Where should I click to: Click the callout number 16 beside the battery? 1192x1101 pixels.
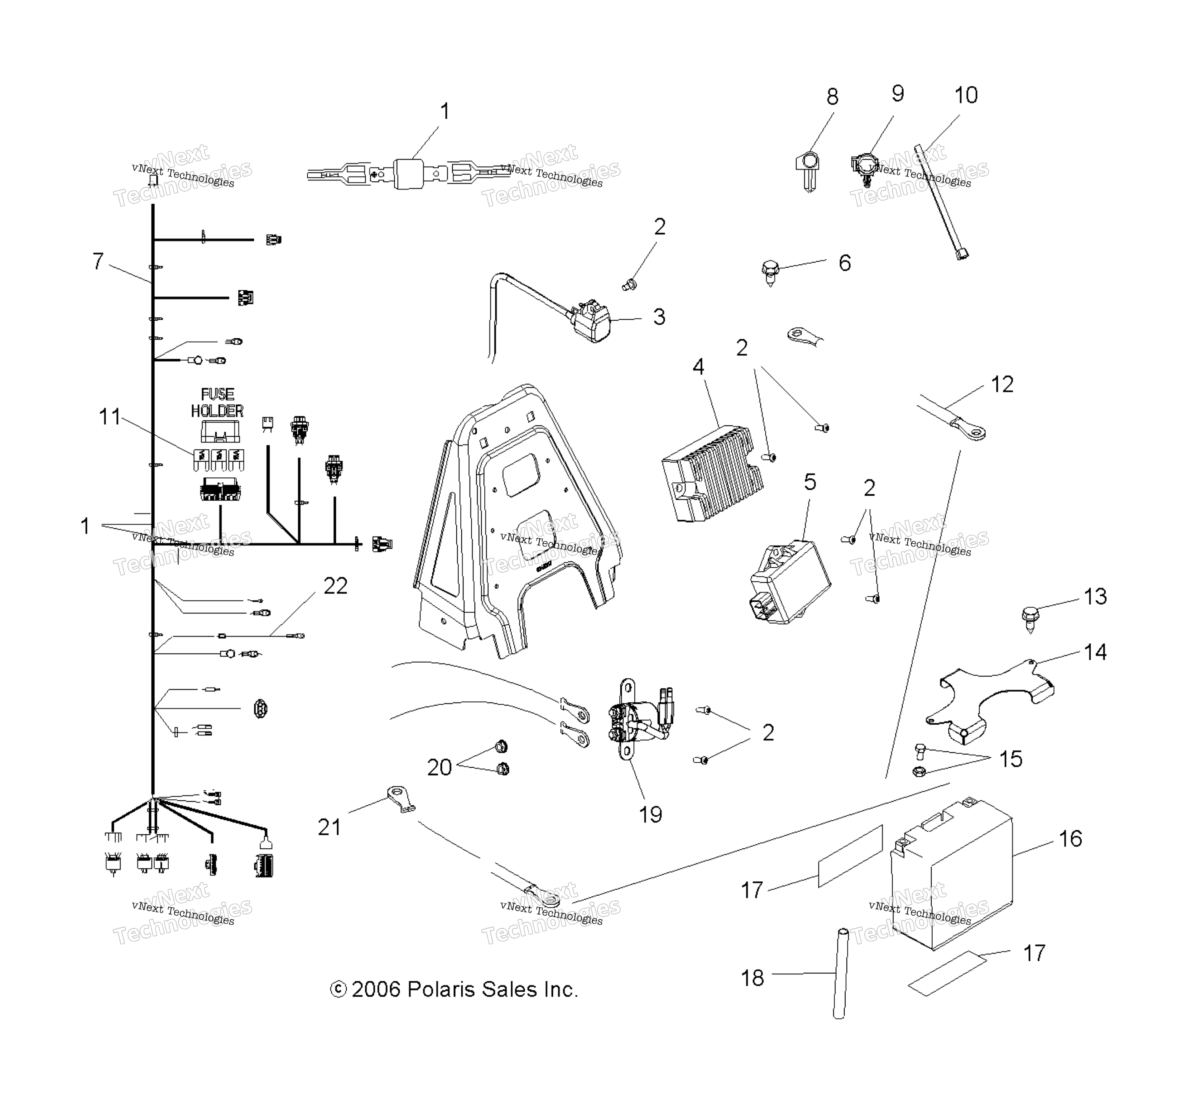pyautogui.click(x=1070, y=839)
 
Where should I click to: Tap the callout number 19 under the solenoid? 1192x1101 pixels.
pyautogui.click(x=650, y=814)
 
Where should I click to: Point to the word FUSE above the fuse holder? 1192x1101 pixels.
pyautogui.click(x=217, y=394)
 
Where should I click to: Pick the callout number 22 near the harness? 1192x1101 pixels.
pyautogui.click(x=335, y=586)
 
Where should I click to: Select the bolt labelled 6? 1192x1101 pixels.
pyautogui.click(x=770, y=273)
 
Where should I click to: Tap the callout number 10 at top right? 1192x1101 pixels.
pyautogui.click(x=966, y=95)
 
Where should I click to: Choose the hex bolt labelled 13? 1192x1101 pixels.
pyautogui.click(x=1029, y=619)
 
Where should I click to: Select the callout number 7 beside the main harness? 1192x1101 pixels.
pyautogui.click(x=98, y=261)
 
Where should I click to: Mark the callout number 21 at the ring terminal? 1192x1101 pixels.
pyautogui.click(x=329, y=827)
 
